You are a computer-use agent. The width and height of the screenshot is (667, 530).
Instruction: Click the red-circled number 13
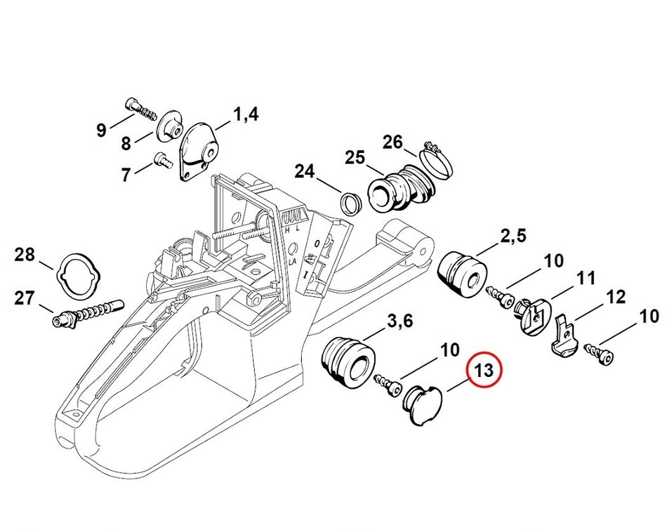(x=484, y=370)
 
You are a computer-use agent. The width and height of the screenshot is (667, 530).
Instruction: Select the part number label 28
(x=25, y=255)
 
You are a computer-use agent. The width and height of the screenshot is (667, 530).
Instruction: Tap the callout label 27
(x=25, y=298)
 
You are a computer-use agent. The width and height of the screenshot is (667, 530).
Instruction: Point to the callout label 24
(x=305, y=171)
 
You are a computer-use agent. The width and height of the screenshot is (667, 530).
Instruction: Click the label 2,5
(x=513, y=236)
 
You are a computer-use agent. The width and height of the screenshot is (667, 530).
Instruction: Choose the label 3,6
(x=399, y=321)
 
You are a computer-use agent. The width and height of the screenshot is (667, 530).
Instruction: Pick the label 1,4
(x=246, y=114)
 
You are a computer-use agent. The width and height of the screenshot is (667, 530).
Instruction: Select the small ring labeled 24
(x=351, y=204)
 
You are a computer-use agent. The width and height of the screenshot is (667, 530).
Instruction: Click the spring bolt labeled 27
(x=87, y=313)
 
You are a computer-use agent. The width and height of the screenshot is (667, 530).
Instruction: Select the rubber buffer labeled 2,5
(x=463, y=274)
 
